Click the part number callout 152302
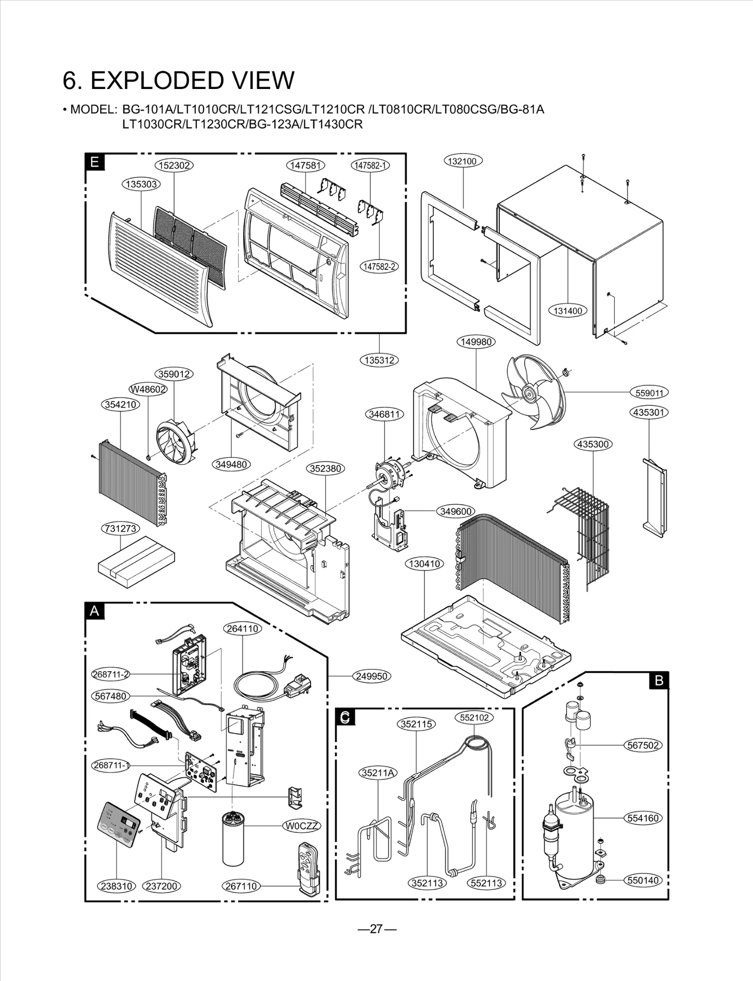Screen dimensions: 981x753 (174, 165)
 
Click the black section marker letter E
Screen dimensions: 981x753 (95, 162)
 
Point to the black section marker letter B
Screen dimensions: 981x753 (659, 680)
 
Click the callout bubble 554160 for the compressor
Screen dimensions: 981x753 (643, 818)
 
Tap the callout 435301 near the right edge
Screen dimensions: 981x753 (649, 412)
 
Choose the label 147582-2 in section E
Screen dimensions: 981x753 (379, 266)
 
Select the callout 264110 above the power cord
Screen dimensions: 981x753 (242, 628)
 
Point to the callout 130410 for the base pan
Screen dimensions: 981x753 (425, 563)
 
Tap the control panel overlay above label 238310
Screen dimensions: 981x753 (120, 823)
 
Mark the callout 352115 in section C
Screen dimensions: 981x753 (417, 724)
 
